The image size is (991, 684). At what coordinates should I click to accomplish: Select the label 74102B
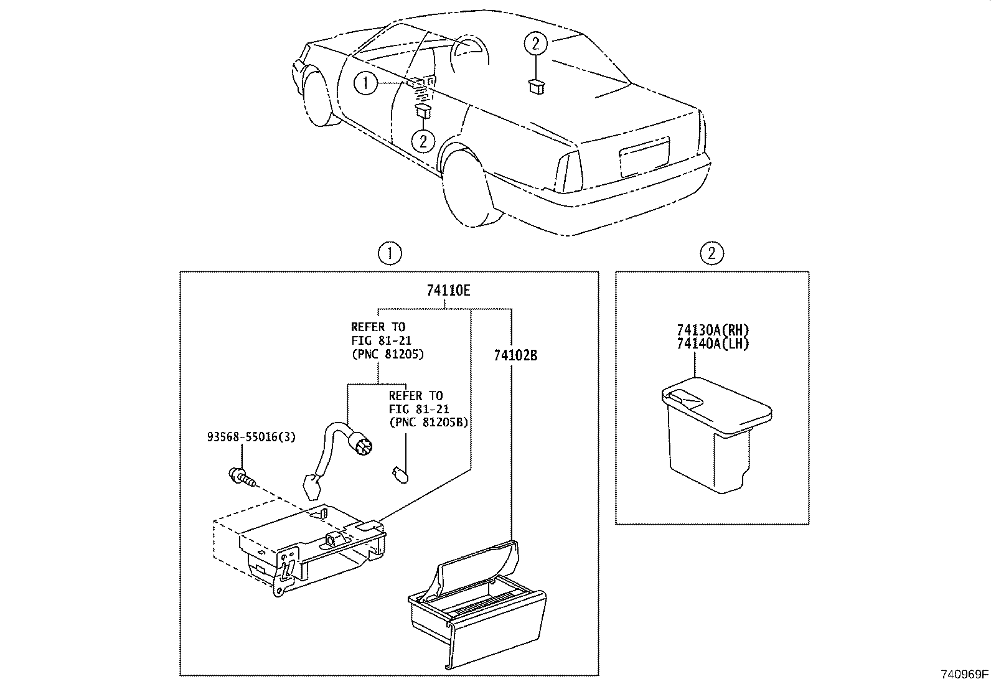(x=515, y=356)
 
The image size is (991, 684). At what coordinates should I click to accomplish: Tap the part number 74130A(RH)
(x=713, y=330)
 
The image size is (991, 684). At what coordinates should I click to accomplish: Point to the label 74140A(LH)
(x=713, y=344)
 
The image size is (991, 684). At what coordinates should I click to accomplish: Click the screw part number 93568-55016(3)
(x=251, y=437)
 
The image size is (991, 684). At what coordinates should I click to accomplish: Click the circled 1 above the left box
(x=390, y=253)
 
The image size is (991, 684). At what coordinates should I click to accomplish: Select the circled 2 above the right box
(x=712, y=253)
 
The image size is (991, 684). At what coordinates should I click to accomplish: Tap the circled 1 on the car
(x=366, y=83)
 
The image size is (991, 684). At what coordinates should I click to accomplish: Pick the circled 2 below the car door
(x=423, y=141)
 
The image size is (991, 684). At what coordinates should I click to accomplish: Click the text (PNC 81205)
(x=387, y=354)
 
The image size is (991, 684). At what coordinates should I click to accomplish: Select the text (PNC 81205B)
(x=428, y=423)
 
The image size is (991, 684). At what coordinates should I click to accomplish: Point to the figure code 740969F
(x=964, y=674)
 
